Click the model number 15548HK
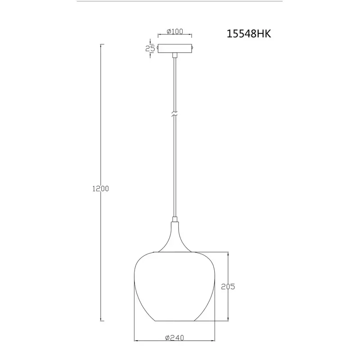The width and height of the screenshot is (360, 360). tap(249, 34)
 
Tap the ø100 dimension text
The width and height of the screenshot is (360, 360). tap(175, 31)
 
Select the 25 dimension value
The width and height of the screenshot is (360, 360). tap(150, 49)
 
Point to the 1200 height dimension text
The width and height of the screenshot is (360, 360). tap(100, 189)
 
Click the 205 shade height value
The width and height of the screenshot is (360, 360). tap(228, 287)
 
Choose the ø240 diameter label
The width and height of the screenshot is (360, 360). tap(175, 338)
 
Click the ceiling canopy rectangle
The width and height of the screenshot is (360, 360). tap(175, 49)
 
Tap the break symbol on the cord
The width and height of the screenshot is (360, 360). tap(175, 114)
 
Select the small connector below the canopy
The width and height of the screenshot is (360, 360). tap(175, 55)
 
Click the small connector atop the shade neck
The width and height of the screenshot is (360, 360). tap(175, 219)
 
